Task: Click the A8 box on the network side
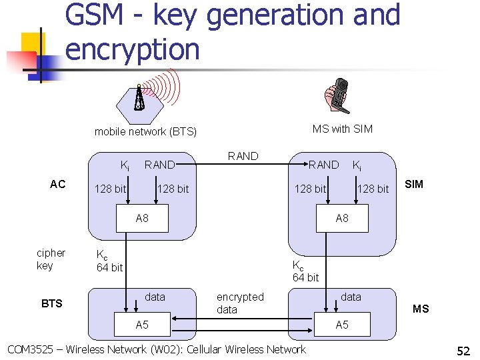tap(142, 218)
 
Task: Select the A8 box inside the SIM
tap(342, 218)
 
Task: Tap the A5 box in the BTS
tap(142, 325)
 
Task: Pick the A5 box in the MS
tap(342, 325)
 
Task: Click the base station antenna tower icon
tap(139, 98)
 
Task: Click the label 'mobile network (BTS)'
tap(145, 131)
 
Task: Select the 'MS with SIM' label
tap(342, 129)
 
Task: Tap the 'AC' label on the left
tap(58, 184)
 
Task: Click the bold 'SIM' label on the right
tap(414, 184)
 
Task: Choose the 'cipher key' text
tap(51, 259)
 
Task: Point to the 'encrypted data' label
tap(240, 303)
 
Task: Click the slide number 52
tap(463, 350)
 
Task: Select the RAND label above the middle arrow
tap(243, 156)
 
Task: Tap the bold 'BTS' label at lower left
tap(51, 303)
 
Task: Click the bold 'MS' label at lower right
tap(421, 309)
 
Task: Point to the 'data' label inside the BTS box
tap(155, 297)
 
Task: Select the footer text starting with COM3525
tap(156, 349)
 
